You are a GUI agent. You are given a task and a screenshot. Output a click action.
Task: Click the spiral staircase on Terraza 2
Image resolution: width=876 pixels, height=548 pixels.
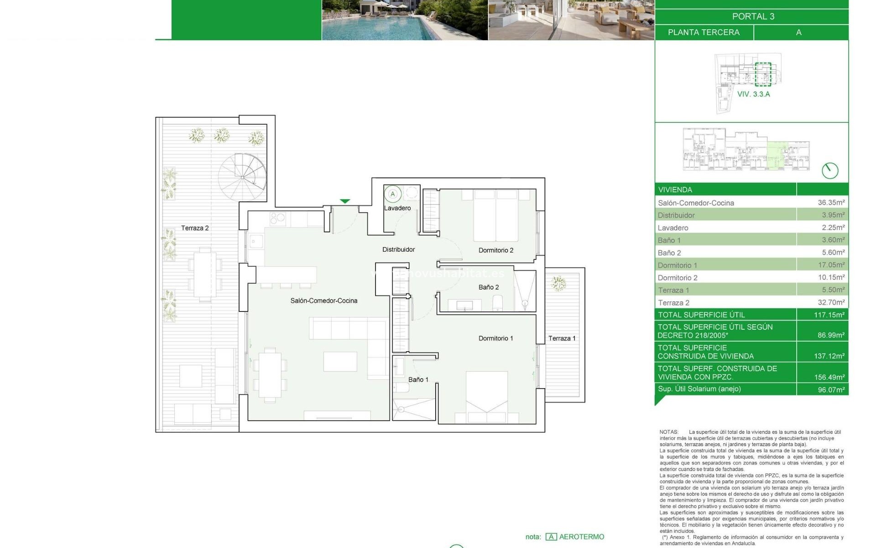coord(242,177)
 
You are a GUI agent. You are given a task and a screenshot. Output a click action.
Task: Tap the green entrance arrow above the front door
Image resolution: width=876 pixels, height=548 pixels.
coord(345,201)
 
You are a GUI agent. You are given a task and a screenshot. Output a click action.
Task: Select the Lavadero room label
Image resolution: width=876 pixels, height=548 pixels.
coord(397,208)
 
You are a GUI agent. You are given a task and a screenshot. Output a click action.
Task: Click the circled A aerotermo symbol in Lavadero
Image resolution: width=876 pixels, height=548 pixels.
coord(392,194)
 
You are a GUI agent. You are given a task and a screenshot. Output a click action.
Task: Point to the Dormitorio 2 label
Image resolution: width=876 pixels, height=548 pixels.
coord(496,250)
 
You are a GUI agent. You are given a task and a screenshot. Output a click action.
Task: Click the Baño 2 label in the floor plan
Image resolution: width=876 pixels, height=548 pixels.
coord(489,287)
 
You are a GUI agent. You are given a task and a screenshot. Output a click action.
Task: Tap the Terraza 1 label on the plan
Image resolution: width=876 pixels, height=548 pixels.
coord(562,338)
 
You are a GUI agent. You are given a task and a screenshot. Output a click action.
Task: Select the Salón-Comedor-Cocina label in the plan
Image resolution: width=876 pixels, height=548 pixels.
coord(324,300)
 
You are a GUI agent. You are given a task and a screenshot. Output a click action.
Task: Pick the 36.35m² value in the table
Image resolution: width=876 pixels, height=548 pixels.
coord(831,202)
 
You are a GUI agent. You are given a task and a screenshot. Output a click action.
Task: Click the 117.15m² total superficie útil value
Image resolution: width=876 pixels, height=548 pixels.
coord(829,315)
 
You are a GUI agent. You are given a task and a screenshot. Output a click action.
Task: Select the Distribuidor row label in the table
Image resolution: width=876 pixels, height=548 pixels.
coord(676,215)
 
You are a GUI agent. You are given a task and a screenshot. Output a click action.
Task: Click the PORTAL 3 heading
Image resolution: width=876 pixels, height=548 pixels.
coord(753,16)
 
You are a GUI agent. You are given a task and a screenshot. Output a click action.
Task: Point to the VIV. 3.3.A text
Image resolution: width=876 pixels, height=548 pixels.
coord(754,94)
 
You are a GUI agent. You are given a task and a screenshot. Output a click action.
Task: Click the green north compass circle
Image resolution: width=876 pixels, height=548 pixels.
coord(830,171)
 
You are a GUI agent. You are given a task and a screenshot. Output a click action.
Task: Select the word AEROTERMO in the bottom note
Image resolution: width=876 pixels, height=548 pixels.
coord(582,537)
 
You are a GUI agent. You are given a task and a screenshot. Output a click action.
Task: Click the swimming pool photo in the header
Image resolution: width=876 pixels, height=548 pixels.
coord(405,20)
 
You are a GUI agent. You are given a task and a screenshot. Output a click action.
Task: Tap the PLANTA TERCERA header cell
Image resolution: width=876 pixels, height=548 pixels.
coord(704,32)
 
